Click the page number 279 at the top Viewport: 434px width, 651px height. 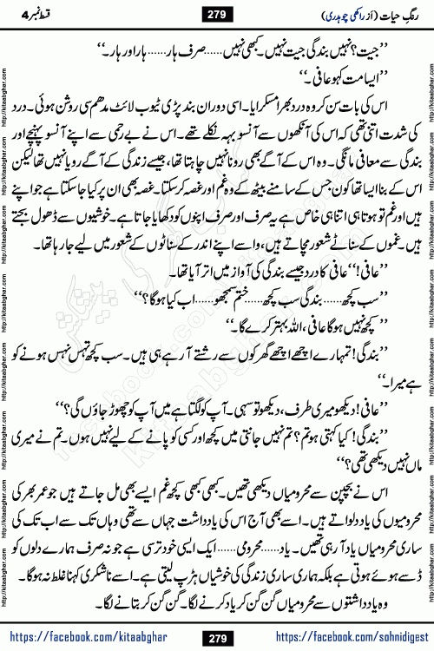(x=216, y=13)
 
